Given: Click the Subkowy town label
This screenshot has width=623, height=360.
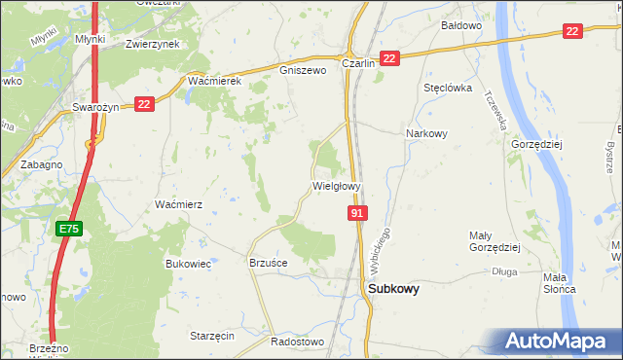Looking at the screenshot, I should click(x=393, y=289).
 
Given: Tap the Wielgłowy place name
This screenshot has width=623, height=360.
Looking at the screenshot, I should click(x=337, y=185).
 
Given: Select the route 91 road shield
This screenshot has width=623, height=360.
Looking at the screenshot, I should click(x=357, y=212).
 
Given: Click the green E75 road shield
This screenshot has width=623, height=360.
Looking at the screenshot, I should click(x=68, y=229).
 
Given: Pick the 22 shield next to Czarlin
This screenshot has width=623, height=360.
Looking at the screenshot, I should click(x=389, y=59).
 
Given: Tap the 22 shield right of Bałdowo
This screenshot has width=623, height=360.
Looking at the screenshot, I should click(x=572, y=31).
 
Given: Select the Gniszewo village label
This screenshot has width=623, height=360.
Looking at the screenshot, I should click(x=301, y=70).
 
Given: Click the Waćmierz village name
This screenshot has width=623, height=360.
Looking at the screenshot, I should click(x=178, y=204).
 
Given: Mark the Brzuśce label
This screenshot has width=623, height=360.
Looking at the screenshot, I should click(x=269, y=263).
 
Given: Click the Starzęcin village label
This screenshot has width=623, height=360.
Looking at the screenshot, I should click(x=212, y=336).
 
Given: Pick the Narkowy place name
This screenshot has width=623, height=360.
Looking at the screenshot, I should click(x=425, y=134).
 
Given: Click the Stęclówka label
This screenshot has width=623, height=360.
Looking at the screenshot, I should click(x=448, y=88).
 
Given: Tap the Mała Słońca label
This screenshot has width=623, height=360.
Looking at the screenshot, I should click(x=559, y=282).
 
